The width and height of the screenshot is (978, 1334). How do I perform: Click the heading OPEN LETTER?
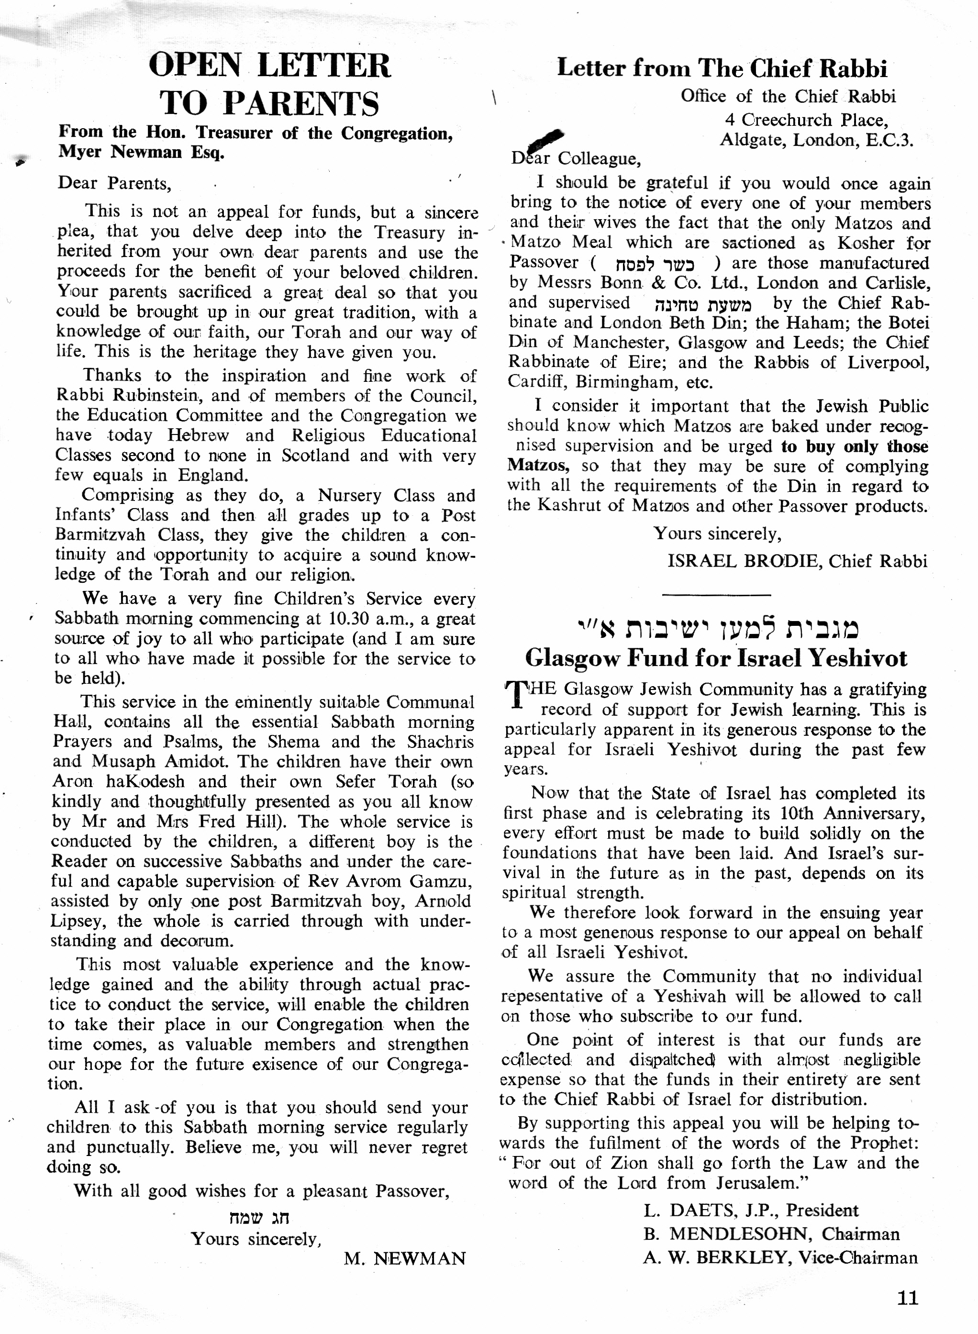click(x=269, y=65)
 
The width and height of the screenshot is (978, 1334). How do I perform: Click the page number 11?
click(x=908, y=1298)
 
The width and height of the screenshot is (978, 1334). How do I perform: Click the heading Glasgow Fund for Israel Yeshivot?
click(x=716, y=658)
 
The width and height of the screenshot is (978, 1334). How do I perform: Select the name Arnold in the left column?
click(x=443, y=901)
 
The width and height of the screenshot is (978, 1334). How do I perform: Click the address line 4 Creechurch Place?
click(x=806, y=120)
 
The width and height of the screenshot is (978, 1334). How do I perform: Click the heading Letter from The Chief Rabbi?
click(x=722, y=69)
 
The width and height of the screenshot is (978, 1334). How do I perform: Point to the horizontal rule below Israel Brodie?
click(x=716, y=594)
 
